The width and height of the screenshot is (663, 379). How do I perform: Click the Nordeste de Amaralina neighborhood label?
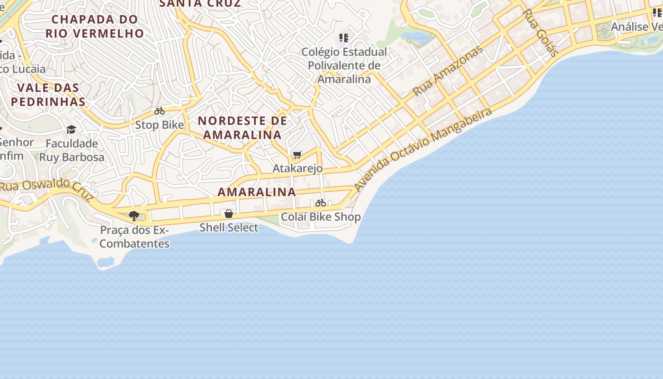coord(242,127)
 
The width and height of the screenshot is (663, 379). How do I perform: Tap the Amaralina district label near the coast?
coord(257,192)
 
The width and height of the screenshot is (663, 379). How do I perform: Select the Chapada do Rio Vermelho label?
coord(95,26)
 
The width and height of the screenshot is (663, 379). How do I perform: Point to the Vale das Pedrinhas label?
coord(48,94)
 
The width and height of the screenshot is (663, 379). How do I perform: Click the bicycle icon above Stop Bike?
coord(160,111)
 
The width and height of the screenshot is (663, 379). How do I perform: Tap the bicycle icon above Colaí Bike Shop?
coord(321,203)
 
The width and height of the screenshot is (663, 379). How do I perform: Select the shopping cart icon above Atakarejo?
coord(297,154)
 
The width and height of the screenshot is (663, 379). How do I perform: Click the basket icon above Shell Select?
coord(229,214)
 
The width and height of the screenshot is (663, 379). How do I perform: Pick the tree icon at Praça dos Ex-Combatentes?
coord(134,216)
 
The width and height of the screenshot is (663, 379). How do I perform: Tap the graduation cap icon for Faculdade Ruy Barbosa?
coord(72,129)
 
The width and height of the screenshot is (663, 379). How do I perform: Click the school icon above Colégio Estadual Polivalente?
coord(344,37)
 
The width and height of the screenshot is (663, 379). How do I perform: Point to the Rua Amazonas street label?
coord(448,70)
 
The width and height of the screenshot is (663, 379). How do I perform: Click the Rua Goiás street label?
coord(540,32)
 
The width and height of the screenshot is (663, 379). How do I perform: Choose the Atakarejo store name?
coord(297,168)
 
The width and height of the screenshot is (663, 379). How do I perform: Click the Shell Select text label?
coord(229,227)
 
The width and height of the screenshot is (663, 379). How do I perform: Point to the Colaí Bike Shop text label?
coord(321,217)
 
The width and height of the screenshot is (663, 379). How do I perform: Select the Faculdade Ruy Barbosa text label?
coord(72,150)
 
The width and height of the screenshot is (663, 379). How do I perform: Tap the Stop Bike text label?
coord(160,125)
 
